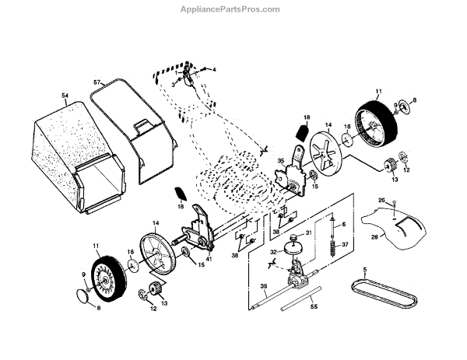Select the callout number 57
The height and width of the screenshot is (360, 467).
pyautogui.click(x=97, y=82)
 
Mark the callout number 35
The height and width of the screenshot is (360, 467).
pyautogui.click(x=281, y=161)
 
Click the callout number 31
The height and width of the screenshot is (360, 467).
pyautogui.click(x=308, y=233)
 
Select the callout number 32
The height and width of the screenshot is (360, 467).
pyautogui.click(x=273, y=252)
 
